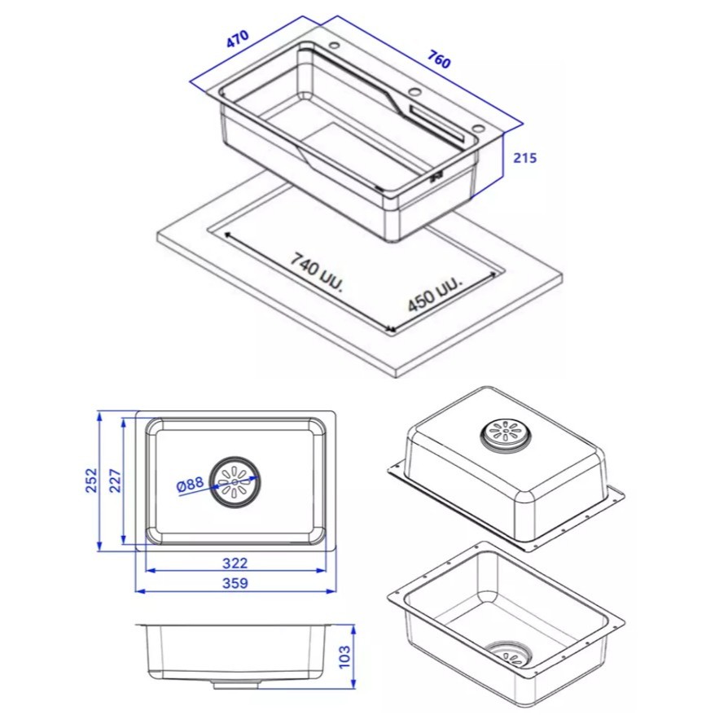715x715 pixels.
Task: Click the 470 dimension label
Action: click(x=238, y=39)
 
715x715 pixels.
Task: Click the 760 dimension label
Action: click(x=439, y=59)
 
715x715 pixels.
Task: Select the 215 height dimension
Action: click(x=525, y=158)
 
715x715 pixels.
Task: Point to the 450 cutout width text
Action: click(x=435, y=294)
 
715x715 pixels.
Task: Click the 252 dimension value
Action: click(x=92, y=480)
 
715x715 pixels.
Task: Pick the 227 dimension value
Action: click(x=116, y=480)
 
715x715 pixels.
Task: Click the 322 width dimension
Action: click(x=235, y=564)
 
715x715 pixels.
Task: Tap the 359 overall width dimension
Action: click(x=235, y=583)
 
